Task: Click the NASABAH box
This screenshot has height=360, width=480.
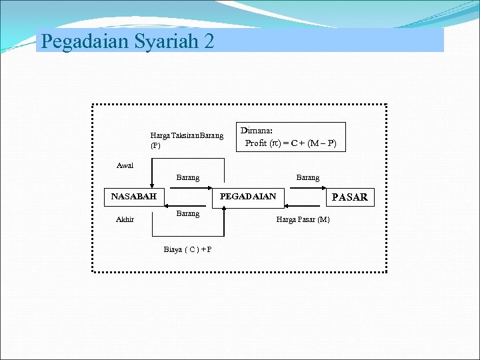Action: (134, 197)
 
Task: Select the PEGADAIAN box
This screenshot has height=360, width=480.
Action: (248, 197)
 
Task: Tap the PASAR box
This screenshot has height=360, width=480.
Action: (349, 197)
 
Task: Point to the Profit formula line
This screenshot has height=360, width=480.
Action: (291, 143)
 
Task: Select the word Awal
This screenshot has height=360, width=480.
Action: (125, 165)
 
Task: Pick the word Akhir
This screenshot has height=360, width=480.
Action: (125, 219)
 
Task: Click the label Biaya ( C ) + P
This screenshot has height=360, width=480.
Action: (188, 249)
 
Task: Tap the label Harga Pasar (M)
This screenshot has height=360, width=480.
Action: (303, 219)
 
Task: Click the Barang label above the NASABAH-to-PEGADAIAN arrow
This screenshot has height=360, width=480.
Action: (187, 178)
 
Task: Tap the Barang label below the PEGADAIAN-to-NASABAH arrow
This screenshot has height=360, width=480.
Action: (187, 214)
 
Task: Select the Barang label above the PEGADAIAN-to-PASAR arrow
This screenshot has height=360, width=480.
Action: (307, 178)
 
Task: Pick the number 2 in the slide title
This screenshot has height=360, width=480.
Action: (209, 41)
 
